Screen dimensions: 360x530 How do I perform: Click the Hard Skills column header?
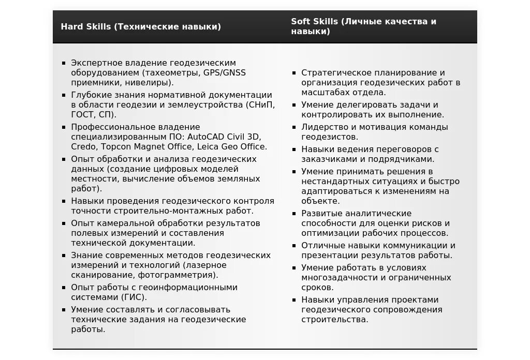click(141, 26)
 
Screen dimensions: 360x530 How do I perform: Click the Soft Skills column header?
click(363, 26)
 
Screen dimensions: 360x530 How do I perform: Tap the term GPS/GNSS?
click(225, 72)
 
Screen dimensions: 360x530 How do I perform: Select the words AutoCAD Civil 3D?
click(224, 137)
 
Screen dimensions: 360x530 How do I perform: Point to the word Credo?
click(83, 147)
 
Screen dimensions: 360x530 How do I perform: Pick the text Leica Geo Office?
click(232, 147)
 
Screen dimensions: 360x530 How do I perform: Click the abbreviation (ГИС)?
click(135, 297)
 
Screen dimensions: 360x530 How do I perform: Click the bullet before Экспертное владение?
click(64, 63)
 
